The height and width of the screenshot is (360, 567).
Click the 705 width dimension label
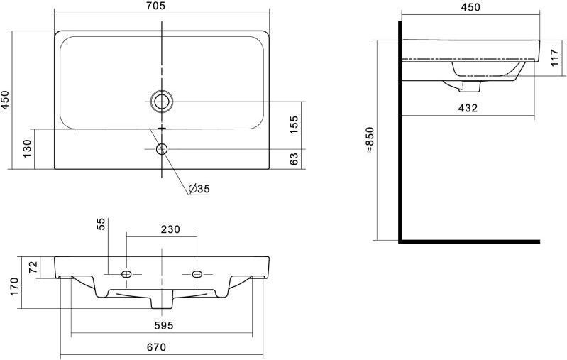click(156, 6)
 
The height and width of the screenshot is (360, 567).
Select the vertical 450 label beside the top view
click(6, 99)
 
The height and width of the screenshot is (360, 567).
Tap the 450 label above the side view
click(470, 7)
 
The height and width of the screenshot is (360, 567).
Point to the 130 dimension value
click(27, 148)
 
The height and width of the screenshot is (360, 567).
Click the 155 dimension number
click(294, 124)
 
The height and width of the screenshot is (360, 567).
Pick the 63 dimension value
click(294, 158)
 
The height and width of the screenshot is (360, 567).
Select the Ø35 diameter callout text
click(199, 188)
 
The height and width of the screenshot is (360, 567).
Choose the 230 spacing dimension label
click(170, 229)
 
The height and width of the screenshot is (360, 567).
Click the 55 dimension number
click(101, 224)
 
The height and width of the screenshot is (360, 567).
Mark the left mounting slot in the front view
click(126, 274)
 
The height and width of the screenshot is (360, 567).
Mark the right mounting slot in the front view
click(197, 274)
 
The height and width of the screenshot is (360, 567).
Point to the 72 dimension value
click(33, 268)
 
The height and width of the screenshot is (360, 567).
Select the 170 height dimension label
click(13, 287)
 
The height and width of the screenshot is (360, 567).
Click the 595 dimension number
click(164, 326)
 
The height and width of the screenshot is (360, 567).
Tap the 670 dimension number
click(157, 347)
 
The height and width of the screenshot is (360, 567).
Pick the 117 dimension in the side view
click(555, 58)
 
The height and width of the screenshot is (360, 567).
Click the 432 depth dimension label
click(468, 108)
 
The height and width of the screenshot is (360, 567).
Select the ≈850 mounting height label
click(370, 141)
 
